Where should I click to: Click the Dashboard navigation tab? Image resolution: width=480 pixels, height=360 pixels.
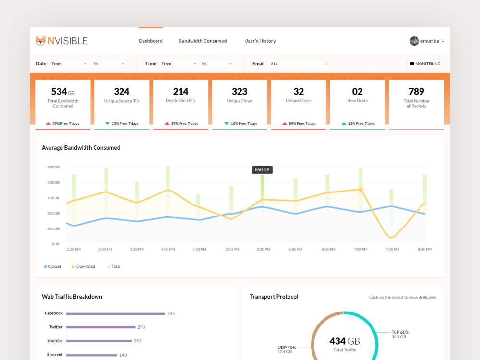[x=151, y=41]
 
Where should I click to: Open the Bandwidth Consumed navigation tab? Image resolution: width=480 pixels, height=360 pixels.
[x=203, y=41]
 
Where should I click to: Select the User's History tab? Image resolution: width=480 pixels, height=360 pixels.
[x=260, y=41]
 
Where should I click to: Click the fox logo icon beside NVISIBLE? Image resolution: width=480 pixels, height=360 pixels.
[x=40, y=41]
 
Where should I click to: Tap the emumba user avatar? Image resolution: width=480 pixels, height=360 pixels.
[x=414, y=41]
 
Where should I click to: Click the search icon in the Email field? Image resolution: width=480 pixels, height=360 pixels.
[x=326, y=64]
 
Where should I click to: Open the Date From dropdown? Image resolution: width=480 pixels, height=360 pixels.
[x=76, y=64]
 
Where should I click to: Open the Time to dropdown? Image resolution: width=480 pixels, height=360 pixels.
[x=221, y=64]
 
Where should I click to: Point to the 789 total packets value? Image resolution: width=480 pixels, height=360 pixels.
[x=416, y=92]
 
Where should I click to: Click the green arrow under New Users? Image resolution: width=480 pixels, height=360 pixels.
[x=344, y=124]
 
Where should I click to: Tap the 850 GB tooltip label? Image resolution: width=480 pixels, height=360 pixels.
[x=262, y=169]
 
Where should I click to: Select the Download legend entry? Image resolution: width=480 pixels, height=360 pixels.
[x=83, y=266]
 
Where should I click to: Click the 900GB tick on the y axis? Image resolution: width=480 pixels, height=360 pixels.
[x=54, y=167]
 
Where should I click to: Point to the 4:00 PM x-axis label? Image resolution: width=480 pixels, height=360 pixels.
[x=168, y=249]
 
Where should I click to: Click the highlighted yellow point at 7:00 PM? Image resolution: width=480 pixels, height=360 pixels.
[x=360, y=190]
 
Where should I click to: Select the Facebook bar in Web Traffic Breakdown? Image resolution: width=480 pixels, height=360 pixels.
[x=115, y=314]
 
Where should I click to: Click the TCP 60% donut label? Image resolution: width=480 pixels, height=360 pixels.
[x=400, y=332]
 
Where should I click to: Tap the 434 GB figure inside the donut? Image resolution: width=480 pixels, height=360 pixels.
[x=345, y=341]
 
